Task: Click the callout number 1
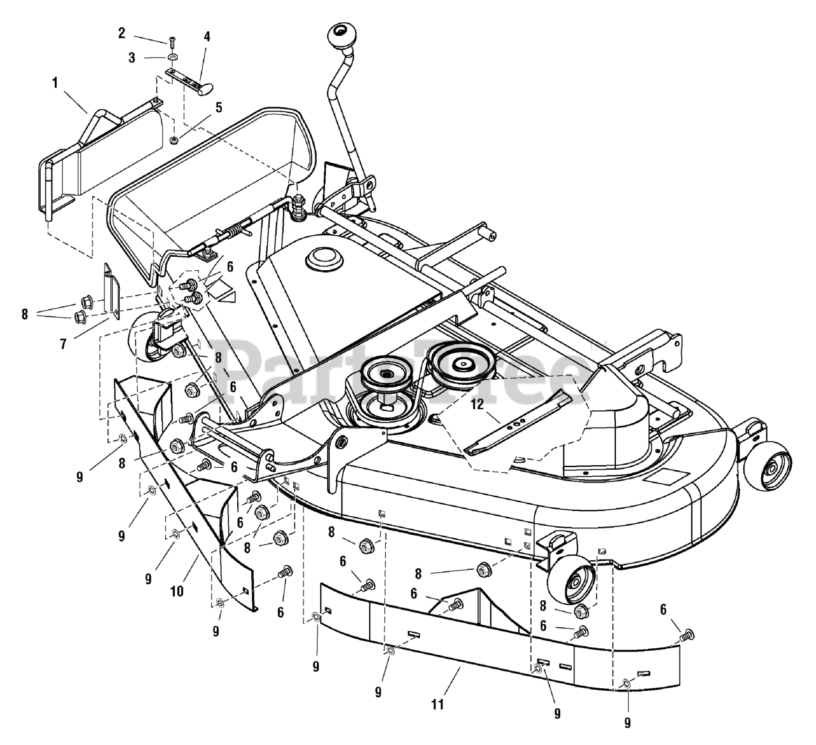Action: (55, 82)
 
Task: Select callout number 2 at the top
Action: (122, 34)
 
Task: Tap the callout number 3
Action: (132, 58)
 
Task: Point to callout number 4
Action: (207, 37)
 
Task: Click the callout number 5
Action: (219, 107)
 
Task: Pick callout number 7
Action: (63, 344)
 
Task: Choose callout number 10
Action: (177, 591)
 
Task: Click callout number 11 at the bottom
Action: (437, 705)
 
